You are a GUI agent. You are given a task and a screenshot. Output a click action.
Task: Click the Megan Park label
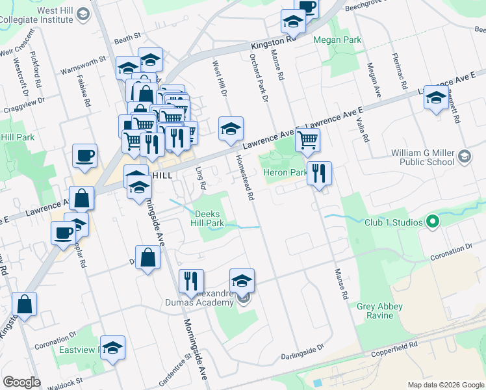click(x=337, y=40)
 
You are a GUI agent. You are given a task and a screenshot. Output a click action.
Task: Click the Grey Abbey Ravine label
click(x=380, y=311)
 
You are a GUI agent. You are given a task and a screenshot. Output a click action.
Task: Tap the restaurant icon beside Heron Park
click(x=319, y=174)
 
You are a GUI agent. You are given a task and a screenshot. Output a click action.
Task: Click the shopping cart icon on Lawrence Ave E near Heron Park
click(x=308, y=140)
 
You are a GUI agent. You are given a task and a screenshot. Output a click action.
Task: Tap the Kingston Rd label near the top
click(x=274, y=42)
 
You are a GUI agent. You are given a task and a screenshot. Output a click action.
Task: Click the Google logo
click(x=21, y=382)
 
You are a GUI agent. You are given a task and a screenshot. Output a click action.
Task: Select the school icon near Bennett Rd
click(x=436, y=99)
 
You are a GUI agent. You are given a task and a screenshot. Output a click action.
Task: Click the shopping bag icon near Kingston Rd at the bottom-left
click(x=24, y=305)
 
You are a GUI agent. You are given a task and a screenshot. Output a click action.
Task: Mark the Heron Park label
click(x=285, y=172)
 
